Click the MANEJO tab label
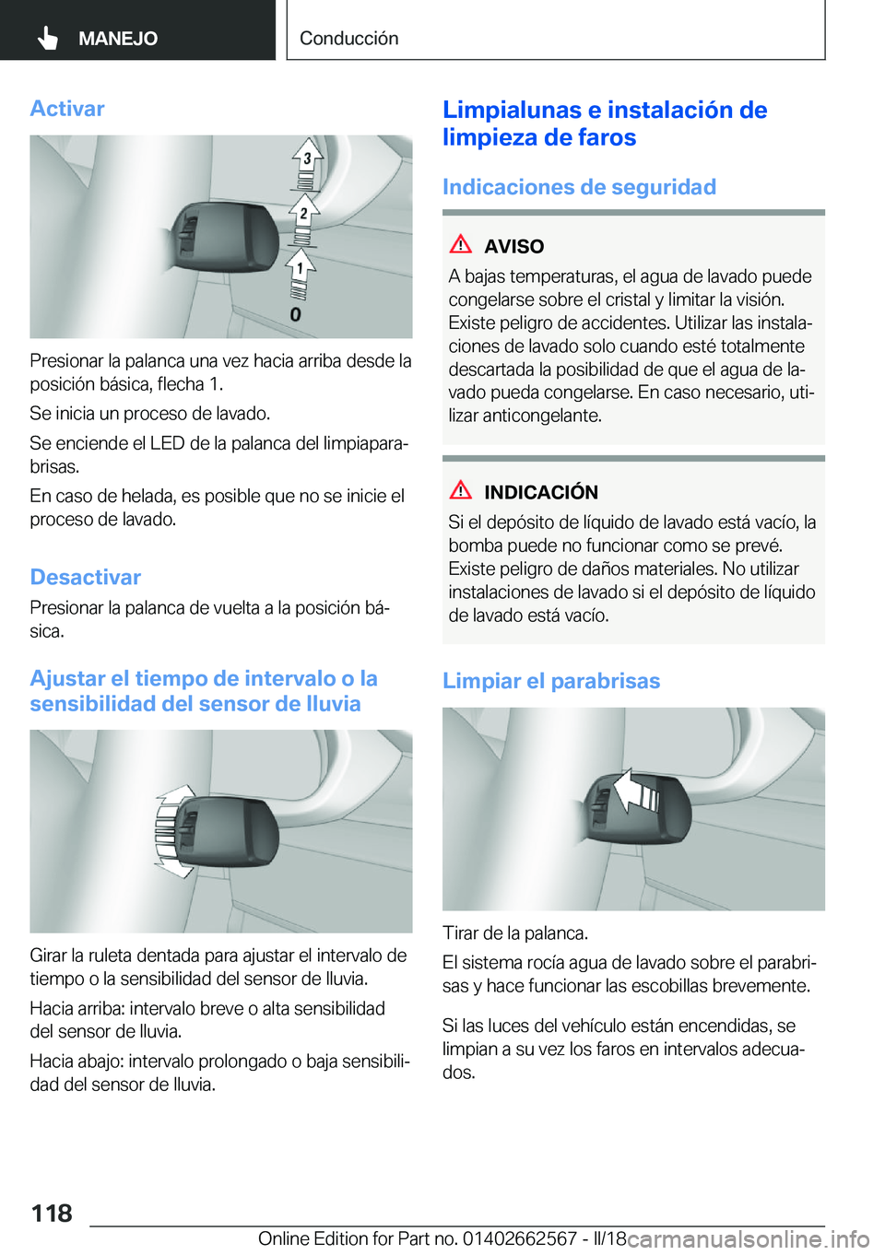coord(118,39)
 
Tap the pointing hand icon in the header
coord(47,38)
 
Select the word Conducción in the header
coord(348,39)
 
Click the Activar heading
coord(67,109)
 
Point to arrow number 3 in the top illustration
coord(307,160)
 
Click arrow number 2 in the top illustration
coord(303,215)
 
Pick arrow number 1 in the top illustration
coord(299,269)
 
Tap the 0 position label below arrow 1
coord(295,315)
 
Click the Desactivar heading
coord(86,578)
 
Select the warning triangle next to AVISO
coord(460,245)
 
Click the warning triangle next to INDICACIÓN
coord(460,491)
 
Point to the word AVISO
coord(513,247)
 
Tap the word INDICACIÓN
coord(541,493)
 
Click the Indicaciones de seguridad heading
coord(579,187)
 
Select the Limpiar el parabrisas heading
coord(551,681)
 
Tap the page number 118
coord(52,1214)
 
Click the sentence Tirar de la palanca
coord(514,933)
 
